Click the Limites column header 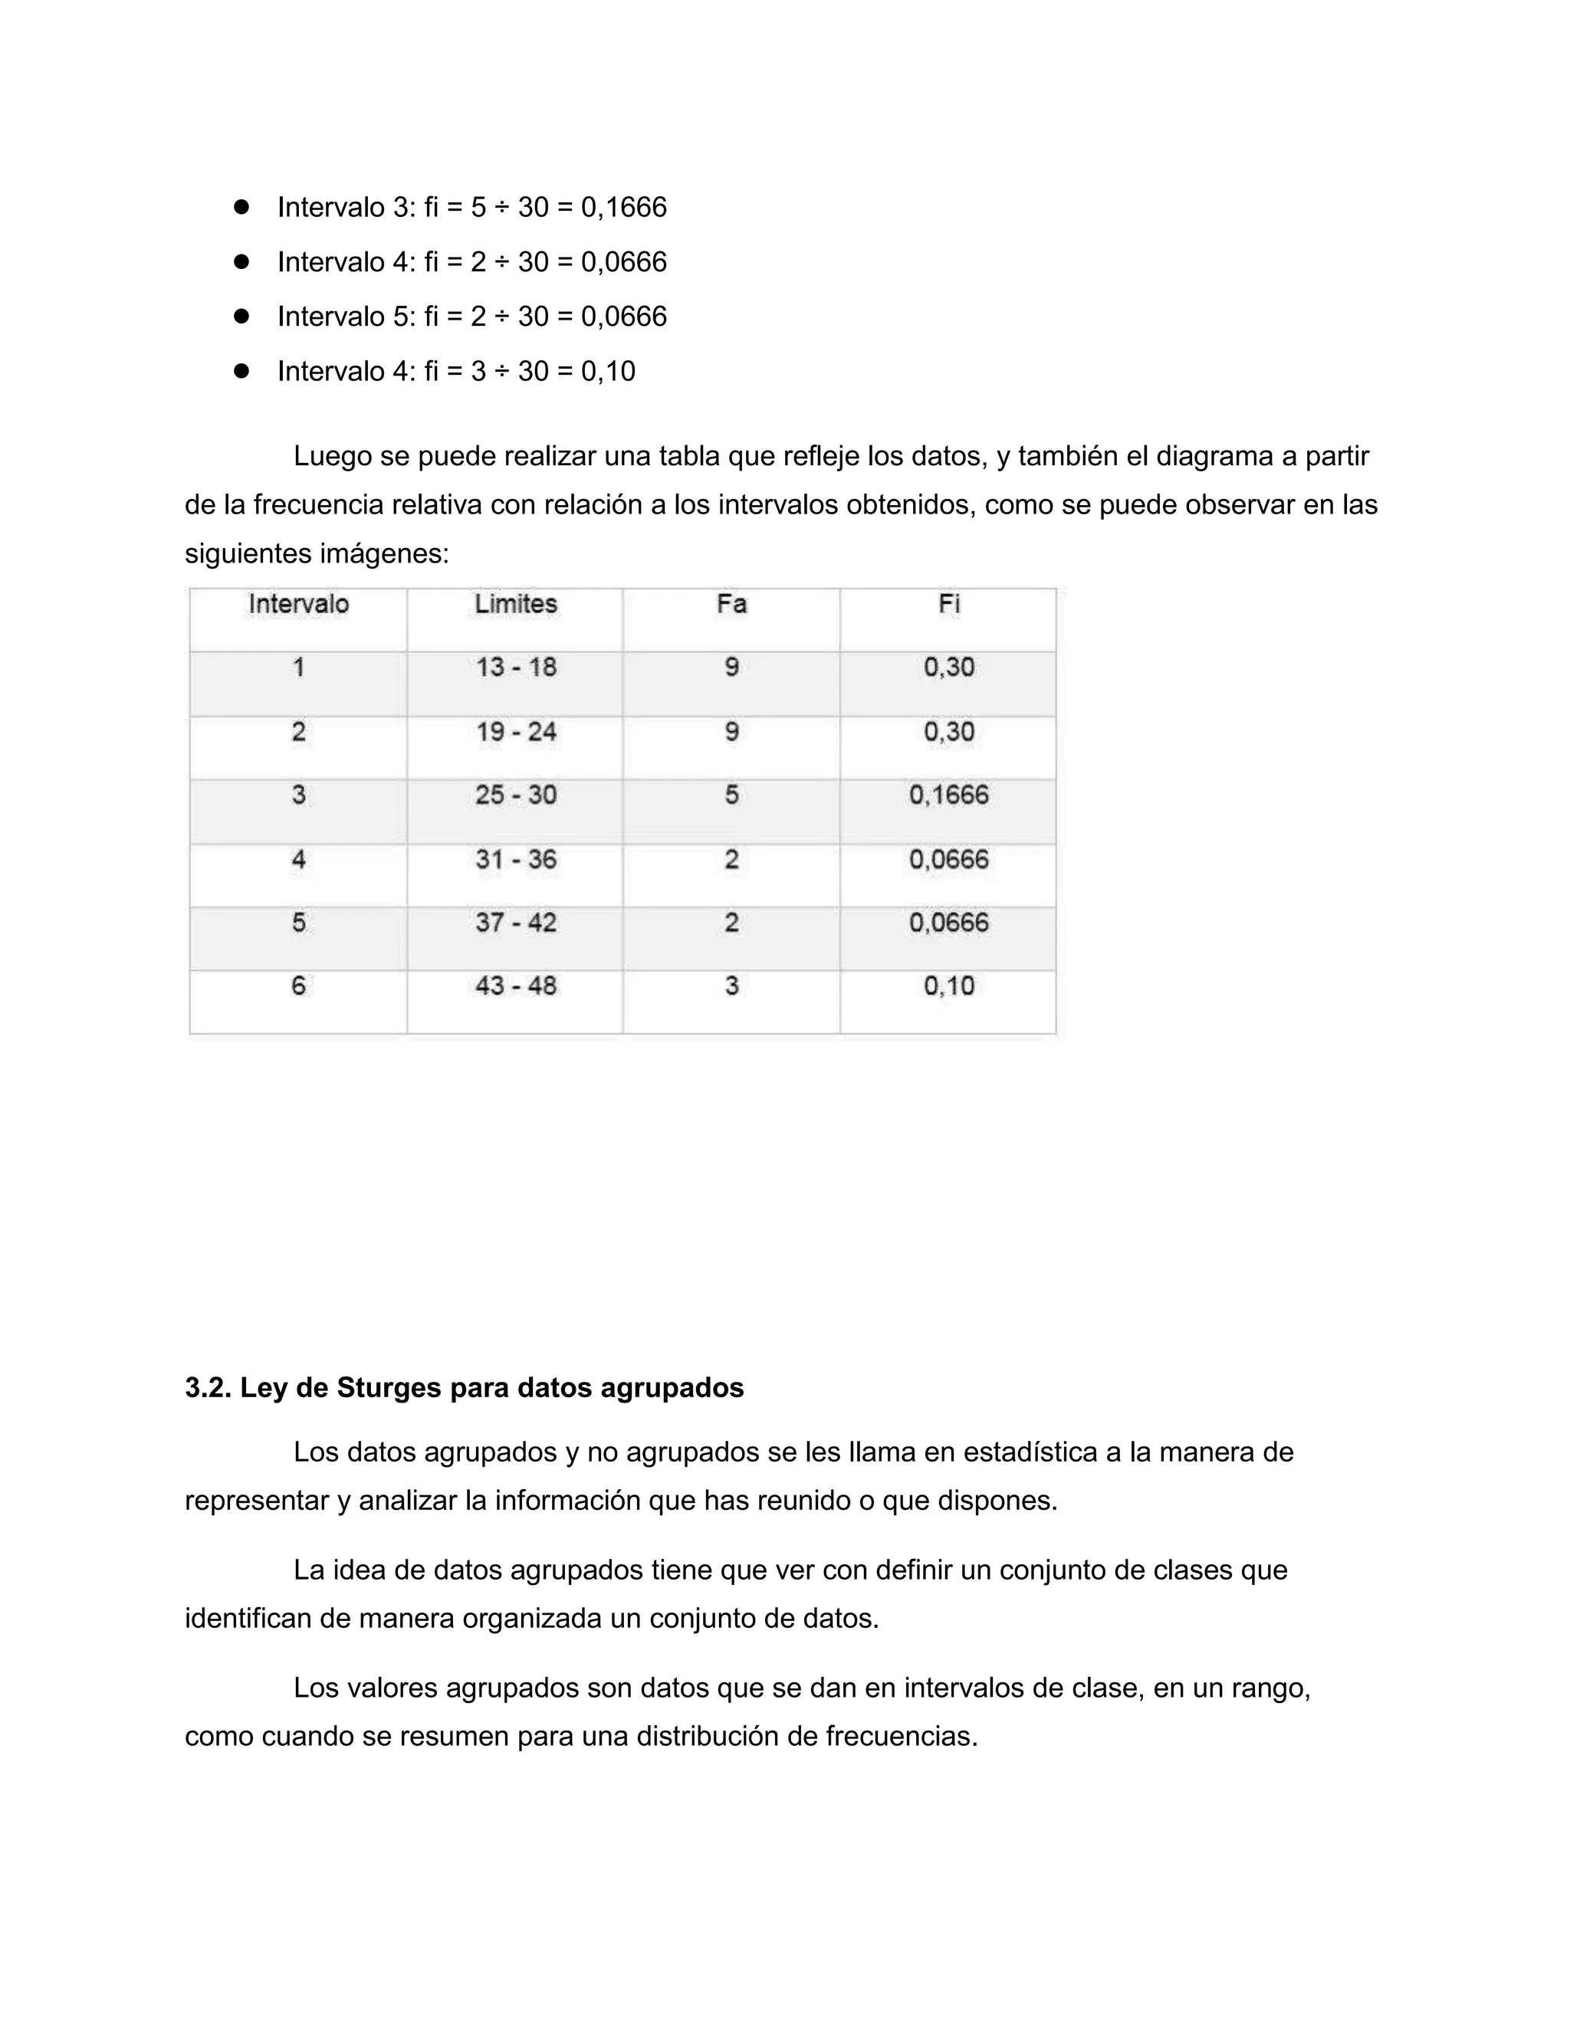click(515, 605)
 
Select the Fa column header click(731, 605)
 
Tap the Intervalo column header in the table click(298, 605)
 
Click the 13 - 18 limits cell click(515, 668)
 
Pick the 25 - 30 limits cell click(515, 795)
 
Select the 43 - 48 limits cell click(515, 986)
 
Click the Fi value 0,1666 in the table click(949, 795)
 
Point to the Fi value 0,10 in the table click(949, 986)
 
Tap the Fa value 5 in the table click(731, 795)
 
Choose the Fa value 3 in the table click(731, 986)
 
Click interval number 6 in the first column click(298, 986)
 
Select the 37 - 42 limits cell click(515, 923)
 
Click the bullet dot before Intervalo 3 click(241, 206)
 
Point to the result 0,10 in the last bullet click(608, 372)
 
